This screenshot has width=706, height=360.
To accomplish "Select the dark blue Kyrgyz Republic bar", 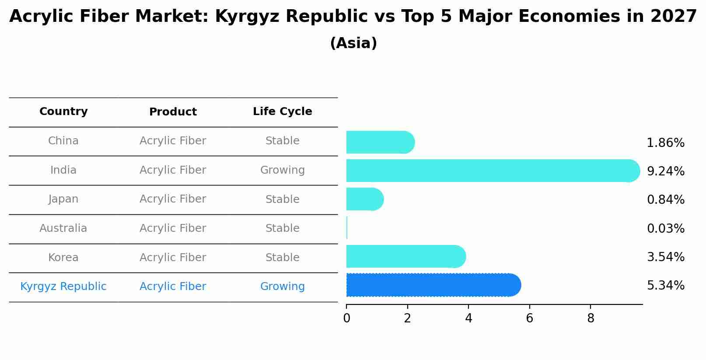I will (x=433, y=285).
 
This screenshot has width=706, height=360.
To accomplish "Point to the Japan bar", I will (x=364, y=199).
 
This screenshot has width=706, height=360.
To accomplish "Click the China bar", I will (x=380, y=142).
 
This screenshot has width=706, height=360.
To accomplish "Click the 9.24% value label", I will (x=665, y=171).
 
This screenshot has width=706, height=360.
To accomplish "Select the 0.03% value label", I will (x=665, y=228).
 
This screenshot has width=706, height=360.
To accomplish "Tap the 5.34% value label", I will (x=665, y=286).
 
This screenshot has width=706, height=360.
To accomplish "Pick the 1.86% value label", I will (x=665, y=143).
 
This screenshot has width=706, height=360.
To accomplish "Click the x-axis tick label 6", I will (x=529, y=318).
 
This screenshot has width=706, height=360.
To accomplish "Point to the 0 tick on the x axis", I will (x=346, y=318).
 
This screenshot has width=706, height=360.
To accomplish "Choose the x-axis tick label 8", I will (x=591, y=318).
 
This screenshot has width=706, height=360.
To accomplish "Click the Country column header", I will (x=63, y=112).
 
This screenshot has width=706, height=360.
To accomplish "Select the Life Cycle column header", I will (x=282, y=112).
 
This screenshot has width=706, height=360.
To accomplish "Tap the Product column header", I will (x=173, y=112).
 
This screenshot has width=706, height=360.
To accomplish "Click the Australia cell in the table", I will (x=63, y=228).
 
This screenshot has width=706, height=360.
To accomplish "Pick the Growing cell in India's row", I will (x=282, y=170).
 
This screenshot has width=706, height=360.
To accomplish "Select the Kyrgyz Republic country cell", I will (x=63, y=287).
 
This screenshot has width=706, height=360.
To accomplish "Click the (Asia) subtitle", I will (x=353, y=43).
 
